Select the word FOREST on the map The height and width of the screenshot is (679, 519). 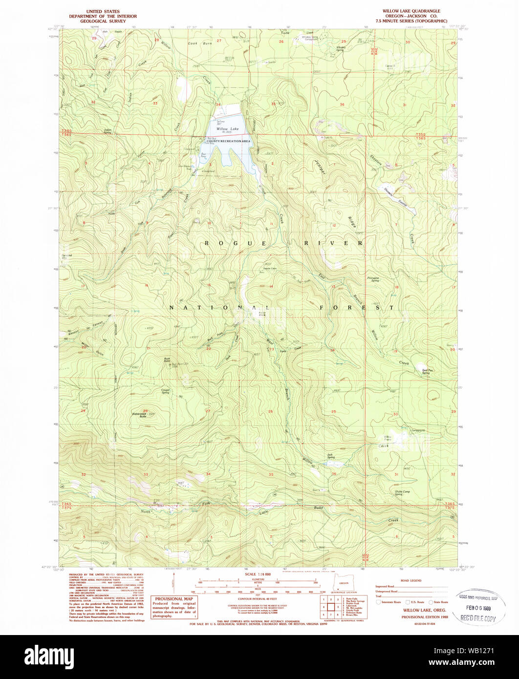point(357,307)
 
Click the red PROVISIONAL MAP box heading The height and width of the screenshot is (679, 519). point(174,599)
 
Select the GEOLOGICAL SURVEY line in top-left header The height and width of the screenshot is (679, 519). point(103,21)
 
